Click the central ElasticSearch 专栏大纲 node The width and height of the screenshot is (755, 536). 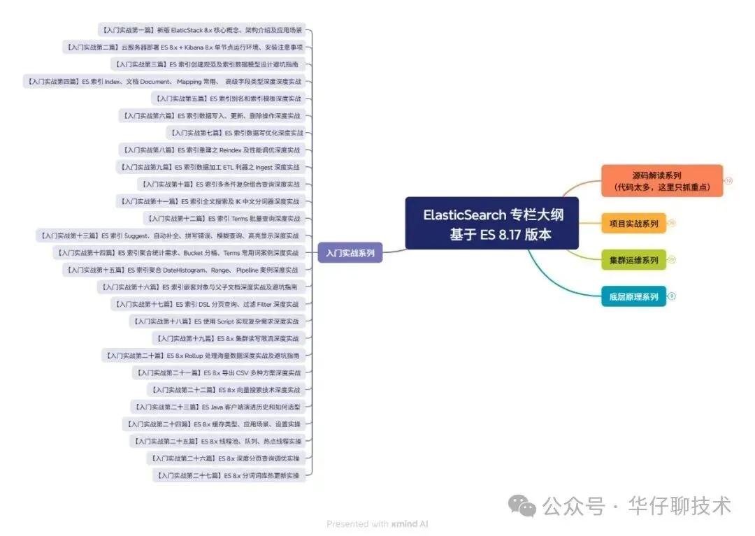coord(492,224)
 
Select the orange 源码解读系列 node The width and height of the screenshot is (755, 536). coord(661,181)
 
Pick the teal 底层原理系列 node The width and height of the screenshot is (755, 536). coord(633,296)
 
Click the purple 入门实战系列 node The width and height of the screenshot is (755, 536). coord(350,253)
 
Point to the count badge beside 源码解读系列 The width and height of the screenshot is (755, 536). coord(728,181)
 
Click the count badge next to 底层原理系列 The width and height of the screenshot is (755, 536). coord(672,296)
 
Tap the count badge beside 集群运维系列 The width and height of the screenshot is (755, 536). coord(672,260)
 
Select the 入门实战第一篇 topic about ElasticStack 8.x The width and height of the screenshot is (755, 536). coord(201,31)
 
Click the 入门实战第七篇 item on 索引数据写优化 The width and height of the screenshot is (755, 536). coord(236,133)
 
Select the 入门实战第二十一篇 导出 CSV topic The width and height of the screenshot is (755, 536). coord(217,372)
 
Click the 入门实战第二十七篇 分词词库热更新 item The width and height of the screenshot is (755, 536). coord(229,475)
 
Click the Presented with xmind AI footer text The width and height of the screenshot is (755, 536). coord(377,523)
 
